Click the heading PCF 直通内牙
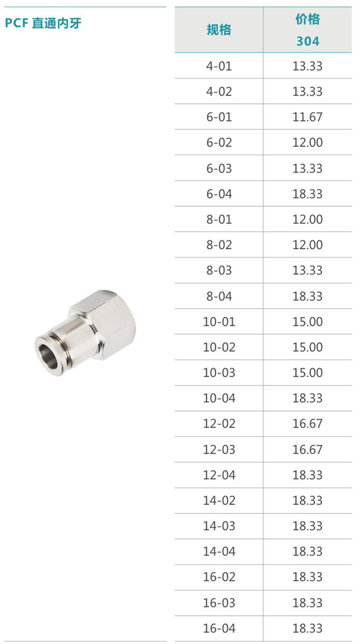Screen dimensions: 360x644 click(43, 23)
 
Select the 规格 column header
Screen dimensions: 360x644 click(219, 30)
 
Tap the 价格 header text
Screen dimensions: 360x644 click(308, 19)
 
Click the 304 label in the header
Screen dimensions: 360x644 click(308, 41)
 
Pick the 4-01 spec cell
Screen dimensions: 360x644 click(219, 66)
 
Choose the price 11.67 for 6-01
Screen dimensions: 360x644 click(308, 117)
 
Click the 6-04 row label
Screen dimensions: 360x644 click(219, 194)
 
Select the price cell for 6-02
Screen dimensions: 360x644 click(308, 142)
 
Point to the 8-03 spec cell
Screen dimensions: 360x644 click(219, 270)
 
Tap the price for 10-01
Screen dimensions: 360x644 click(308, 321)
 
